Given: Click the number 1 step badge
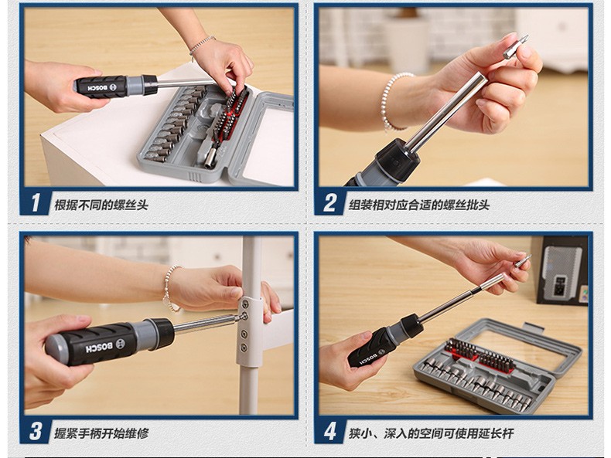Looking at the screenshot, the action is point(36,202).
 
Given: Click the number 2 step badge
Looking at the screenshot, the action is point(329,202).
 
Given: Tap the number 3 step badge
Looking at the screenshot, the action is point(36,431).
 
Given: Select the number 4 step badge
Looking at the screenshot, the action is point(329,431).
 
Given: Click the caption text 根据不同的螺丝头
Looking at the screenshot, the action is point(101,205).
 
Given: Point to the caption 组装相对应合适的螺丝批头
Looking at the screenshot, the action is point(419,205).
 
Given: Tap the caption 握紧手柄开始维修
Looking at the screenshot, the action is point(101,433).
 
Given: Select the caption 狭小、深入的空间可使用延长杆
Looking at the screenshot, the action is point(431,433).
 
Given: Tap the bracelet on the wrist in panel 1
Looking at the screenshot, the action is point(201,46).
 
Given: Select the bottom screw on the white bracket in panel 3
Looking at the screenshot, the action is point(244,347).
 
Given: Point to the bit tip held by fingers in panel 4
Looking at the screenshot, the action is point(524,260).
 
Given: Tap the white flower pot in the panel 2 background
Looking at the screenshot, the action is point(408,41).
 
